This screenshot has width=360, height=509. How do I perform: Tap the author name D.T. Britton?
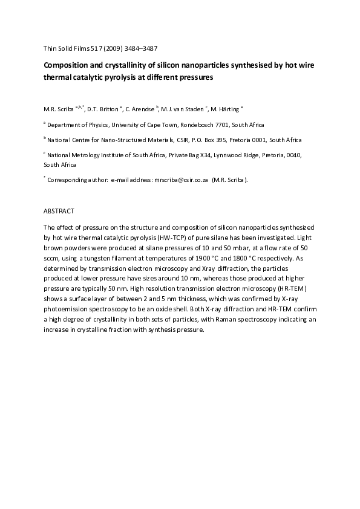pos(102,109)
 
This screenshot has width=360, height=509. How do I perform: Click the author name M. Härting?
pos(224,109)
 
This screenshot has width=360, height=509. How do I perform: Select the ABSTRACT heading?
pos(59,212)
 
